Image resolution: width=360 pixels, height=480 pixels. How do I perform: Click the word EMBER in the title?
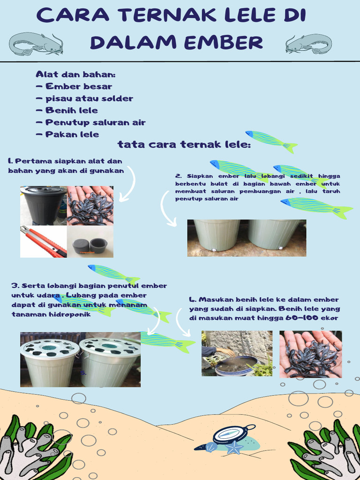point(223,42)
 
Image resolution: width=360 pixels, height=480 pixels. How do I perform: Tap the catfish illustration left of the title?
point(36,44)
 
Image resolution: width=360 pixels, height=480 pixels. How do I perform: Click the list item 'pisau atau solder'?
point(89,98)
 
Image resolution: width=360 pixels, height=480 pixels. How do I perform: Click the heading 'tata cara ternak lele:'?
point(184,144)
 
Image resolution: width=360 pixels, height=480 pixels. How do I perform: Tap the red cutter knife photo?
point(43,242)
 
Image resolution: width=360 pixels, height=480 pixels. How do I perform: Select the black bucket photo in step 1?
point(44,205)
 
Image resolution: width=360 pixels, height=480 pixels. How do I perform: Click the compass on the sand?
point(231,435)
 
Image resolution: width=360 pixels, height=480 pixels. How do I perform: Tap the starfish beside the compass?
point(234,448)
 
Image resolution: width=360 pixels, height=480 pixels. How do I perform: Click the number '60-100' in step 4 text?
point(300,318)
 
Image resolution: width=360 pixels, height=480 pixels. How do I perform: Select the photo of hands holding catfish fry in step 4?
point(310,354)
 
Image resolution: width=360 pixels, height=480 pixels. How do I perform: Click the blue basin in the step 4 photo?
point(236,365)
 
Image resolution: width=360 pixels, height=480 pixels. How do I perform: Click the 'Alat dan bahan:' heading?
point(75,75)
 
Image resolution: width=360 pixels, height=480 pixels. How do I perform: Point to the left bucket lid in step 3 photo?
point(50,348)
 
